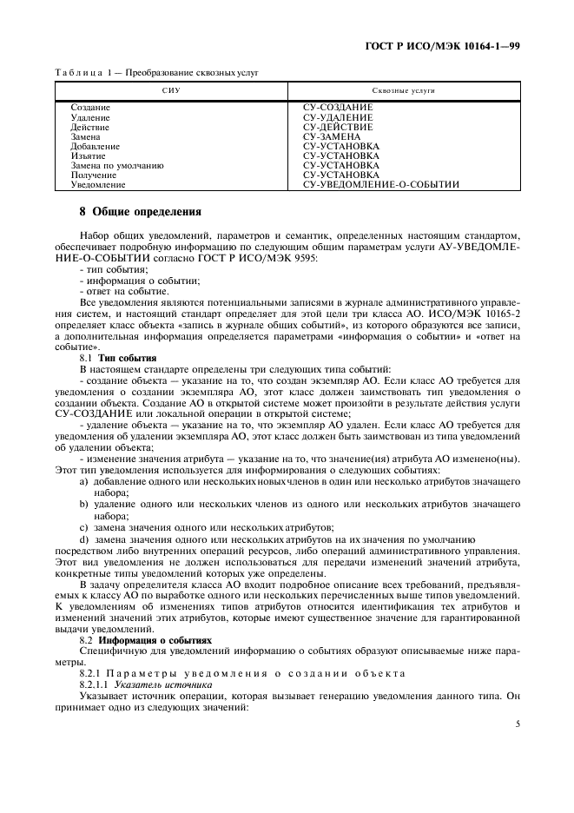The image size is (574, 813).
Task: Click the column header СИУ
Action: click(x=170, y=90)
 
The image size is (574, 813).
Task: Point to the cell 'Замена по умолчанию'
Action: click(x=116, y=165)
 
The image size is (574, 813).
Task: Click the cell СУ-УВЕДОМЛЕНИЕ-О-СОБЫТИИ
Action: click(x=380, y=184)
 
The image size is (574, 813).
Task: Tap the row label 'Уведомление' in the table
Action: click(x=97, y=184)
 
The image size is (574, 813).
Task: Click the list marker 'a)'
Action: click(x=84, y=480)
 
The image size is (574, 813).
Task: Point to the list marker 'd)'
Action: click(x=84, y=539)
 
